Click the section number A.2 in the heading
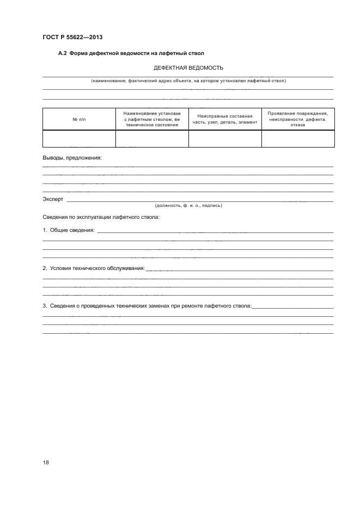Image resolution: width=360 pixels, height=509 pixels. [x=63, y=53]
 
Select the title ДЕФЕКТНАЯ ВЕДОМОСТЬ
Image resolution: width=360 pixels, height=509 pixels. [x=188, y=68]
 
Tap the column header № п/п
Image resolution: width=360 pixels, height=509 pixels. [x=79, y=119]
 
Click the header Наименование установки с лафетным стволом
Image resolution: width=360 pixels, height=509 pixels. [x=152, y=119]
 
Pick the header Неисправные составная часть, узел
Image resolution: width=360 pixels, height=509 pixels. [x=225, y=119]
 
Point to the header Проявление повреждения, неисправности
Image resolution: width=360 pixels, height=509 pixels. [x=298, y=119]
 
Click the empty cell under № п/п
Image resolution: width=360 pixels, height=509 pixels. [x=79, y=138]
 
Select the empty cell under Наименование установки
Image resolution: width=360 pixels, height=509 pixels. [x=152, y=138]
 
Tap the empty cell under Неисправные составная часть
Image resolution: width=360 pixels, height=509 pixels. [x=225, y=138]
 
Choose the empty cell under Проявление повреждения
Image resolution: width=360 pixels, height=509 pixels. [x=298, y=138]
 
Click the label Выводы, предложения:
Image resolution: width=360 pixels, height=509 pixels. [x=72, y=158]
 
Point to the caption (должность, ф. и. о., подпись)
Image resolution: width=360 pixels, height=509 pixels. [x=188, y=206]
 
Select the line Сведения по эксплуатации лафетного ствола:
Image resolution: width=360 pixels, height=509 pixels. [x=101, y=217]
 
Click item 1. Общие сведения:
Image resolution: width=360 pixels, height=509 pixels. [x=69, y=230]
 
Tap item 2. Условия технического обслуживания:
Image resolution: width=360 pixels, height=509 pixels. [x=94, y=268]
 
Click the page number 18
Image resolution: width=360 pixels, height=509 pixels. [x=46, y=462]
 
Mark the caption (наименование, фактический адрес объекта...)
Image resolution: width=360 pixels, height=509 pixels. [x=188, y=81]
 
